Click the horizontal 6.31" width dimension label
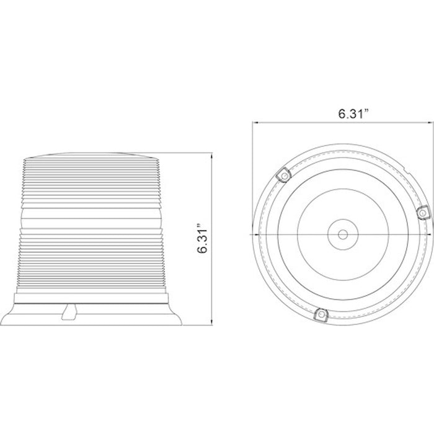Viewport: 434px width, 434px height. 354,113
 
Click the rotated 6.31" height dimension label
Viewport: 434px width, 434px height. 203,238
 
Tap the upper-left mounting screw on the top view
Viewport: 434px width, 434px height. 284,175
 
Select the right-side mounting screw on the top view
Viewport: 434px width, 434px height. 423,213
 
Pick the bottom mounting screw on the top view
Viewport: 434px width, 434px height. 321,314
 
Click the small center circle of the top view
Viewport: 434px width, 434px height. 343,235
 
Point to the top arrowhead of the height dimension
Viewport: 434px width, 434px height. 212,156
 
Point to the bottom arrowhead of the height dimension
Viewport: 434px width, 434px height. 212,322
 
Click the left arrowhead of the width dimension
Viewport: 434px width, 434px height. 255,122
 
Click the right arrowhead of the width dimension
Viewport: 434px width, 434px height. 430,122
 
